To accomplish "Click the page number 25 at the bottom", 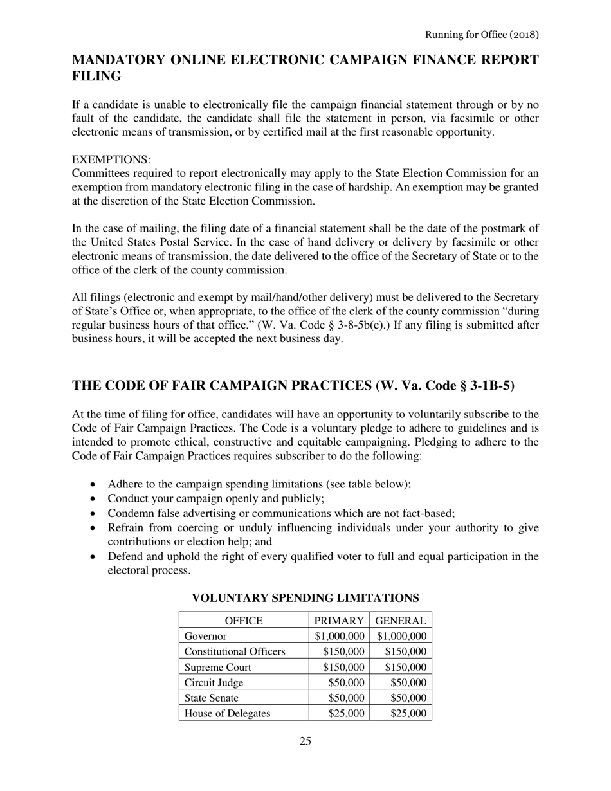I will (305, 741).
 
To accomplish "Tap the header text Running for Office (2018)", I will (481, 34).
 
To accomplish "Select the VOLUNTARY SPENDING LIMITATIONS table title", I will (305, 597).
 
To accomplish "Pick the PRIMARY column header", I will (339, 621).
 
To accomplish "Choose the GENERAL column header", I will (401, 621).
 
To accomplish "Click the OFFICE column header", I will (243, 621).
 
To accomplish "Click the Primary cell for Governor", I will (340, 636).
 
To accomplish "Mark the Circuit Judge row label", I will (214, 682).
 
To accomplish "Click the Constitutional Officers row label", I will (235, 651).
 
